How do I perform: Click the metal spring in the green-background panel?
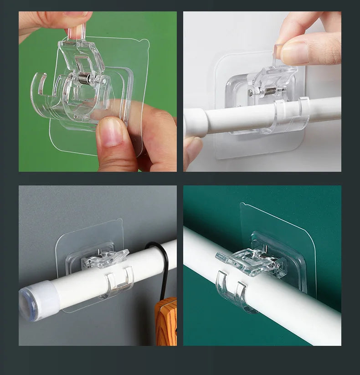tap(84, 78)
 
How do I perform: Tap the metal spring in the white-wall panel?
tap(270, 91)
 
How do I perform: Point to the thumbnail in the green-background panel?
tap(109, 132)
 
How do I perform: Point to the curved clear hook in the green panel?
tap(41, 91)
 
